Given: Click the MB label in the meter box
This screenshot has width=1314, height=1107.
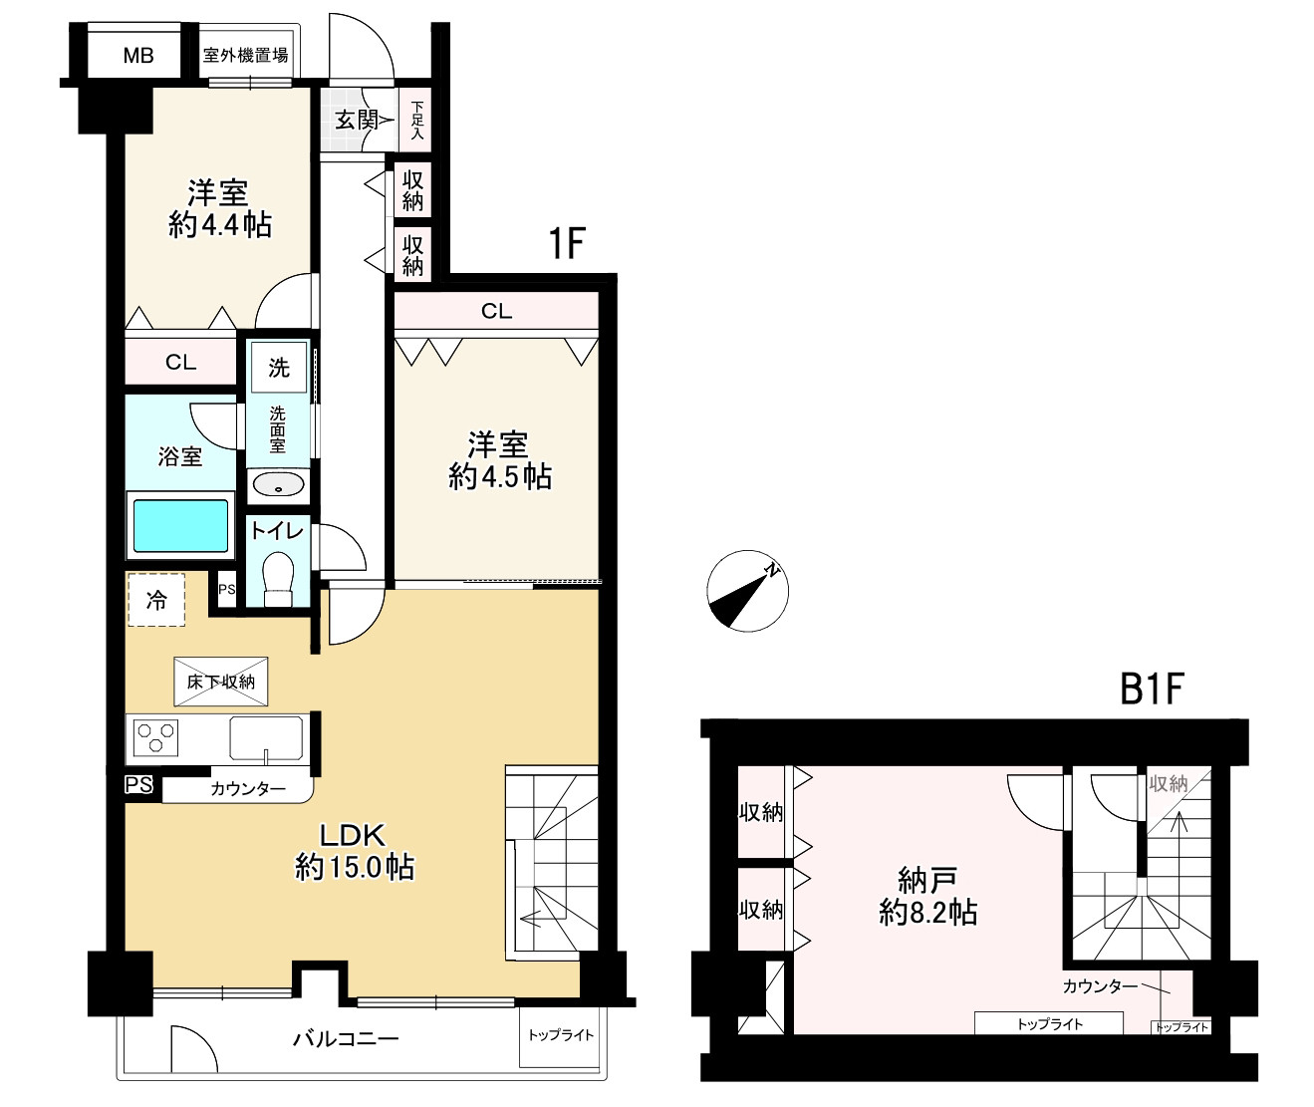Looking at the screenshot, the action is coord(137,56).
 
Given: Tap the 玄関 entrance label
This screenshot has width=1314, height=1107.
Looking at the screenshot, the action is coord(357,120).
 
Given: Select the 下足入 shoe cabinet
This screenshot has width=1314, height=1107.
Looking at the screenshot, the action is coord(416,121).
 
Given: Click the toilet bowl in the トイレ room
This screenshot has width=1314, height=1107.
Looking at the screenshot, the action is coord(278,578).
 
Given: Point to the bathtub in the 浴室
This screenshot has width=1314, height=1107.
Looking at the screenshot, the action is coord(180,526).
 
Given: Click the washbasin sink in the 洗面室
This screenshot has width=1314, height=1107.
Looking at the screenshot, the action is coord(278,485).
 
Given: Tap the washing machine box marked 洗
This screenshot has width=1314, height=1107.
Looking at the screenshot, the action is coord(279,368).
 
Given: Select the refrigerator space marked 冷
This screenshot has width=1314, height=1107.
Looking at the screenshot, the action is coord(156,600).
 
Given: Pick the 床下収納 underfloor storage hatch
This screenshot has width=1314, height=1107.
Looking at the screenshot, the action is coord(221,682).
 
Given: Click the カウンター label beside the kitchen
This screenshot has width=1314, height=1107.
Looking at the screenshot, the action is coord(248,788).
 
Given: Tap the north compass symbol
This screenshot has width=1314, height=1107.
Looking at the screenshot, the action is coord(747,591).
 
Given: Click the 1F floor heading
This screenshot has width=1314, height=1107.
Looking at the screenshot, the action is coord(567,243).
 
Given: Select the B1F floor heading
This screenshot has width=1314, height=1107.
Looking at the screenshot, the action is coord(1153,689).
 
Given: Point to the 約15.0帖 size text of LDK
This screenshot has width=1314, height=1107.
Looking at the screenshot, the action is coord(355,868).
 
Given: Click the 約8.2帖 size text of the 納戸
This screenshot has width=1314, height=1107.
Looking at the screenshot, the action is coord(927,913).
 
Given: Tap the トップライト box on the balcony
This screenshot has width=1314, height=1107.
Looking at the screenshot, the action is coord(560,1036).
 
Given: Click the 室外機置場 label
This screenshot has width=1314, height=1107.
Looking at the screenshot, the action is coord(245,56).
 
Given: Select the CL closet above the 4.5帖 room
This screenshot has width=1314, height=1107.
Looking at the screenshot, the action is coord(496,310).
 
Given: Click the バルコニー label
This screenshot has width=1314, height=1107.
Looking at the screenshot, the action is coord(346,1038).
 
